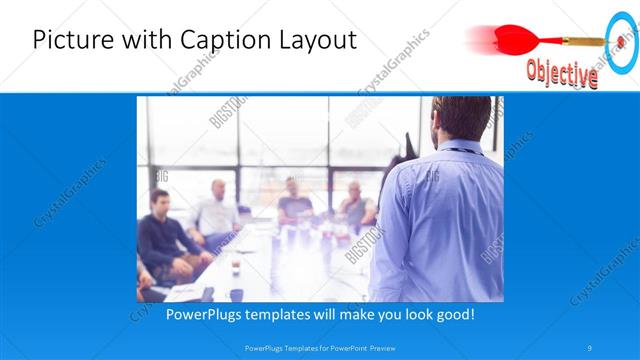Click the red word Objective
562,73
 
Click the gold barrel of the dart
581,41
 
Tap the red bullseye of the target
622,42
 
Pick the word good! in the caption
454,314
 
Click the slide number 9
591,348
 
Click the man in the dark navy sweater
162,240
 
